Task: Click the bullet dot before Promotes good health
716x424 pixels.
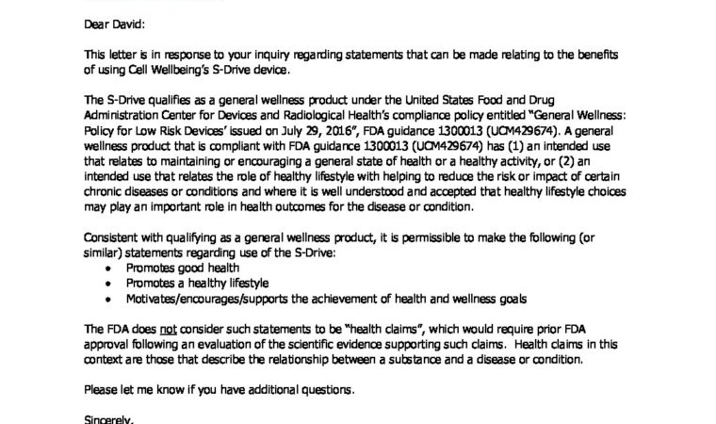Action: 113,269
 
